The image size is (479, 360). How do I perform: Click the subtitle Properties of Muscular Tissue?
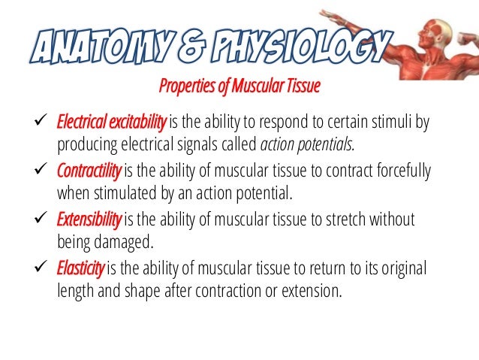tap(239, 87)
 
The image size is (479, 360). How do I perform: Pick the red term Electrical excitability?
tap(113, 123)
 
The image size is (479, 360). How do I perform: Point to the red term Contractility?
tap(89, 171)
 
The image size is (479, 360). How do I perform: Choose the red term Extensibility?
tap(89, 219)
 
